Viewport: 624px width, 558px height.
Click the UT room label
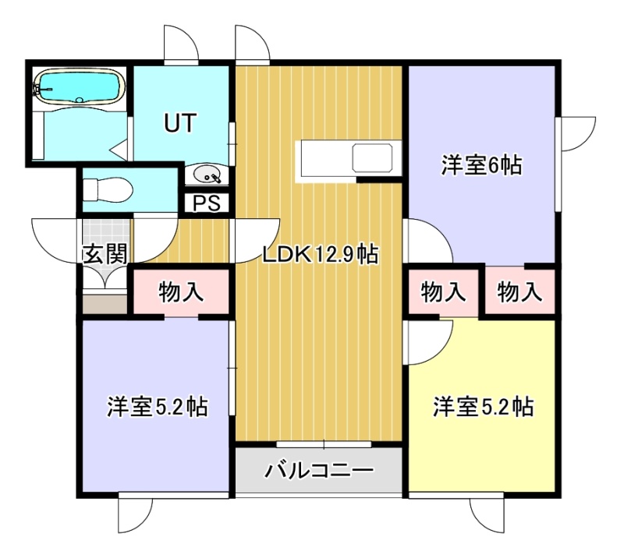(180, 122)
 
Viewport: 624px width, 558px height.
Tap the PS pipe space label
(207, 203)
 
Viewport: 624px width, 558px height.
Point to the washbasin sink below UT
(207, 175)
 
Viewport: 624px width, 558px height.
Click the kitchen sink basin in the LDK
(372, 157)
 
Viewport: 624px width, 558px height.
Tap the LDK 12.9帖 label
(320, 254)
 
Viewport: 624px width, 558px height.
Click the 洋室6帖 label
(481, 165)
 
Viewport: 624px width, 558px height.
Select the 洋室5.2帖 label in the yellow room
(483, 407)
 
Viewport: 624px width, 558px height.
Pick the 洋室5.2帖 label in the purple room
(157, 407)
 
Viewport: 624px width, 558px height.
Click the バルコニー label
(320, 471)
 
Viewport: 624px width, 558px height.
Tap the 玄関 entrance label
(105, 254)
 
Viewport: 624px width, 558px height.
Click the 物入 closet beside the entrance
(181, 292)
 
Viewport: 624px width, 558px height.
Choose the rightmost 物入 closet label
(519, 292)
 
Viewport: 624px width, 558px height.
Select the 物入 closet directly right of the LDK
(443, 292)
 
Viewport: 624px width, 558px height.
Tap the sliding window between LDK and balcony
(324, 444)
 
